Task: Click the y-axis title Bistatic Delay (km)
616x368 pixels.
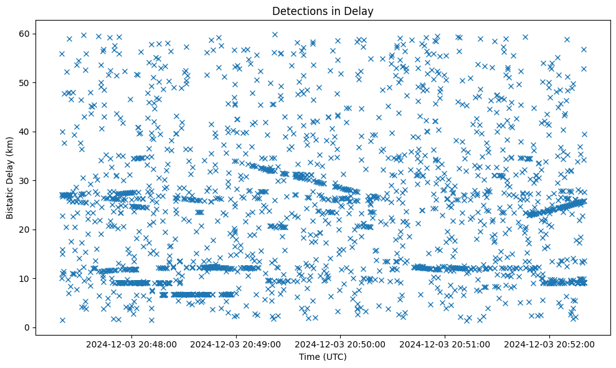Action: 11,177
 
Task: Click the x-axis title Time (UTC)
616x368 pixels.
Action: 323,357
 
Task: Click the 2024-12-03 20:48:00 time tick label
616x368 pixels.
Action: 131,344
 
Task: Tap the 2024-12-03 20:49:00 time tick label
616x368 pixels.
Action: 236,344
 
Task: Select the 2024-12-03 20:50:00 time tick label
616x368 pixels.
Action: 341,344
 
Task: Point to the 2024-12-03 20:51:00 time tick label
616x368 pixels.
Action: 445,344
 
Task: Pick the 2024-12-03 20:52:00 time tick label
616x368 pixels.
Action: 550,344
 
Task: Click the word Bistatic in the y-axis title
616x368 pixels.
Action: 11,201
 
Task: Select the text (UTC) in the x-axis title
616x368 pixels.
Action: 335,357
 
